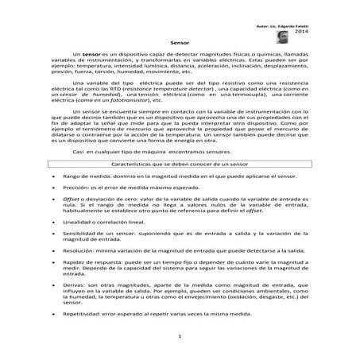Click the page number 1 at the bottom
pyautogui.click(x=180, y=337)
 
